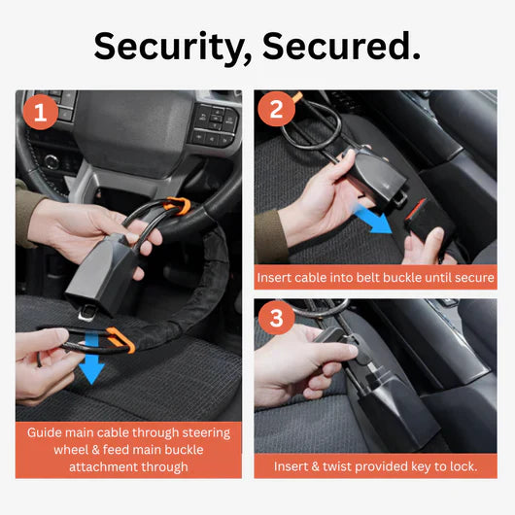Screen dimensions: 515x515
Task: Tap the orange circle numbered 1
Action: tap(40, 113)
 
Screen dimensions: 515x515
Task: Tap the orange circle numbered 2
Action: tap(276, 109)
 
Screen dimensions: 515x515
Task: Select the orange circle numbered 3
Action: tap(276, 319)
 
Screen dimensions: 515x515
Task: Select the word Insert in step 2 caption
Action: tap(278, 277)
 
